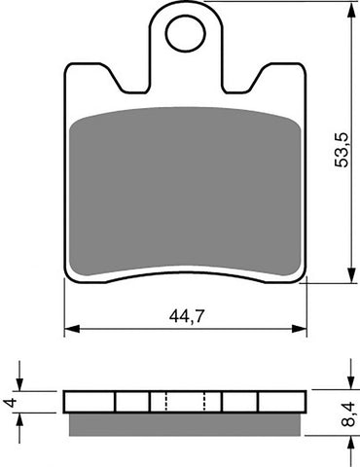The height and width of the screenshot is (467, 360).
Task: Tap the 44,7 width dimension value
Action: click(x=185, y=314)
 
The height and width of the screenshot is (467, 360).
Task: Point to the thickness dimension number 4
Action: click(x=9, y=402)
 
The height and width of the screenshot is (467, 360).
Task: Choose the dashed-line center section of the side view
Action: click(x=185, y=402)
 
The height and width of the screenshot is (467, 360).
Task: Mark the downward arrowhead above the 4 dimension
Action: click(x=20, y=385)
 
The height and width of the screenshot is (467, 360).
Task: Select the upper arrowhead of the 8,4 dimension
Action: click(x=348, y=385)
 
